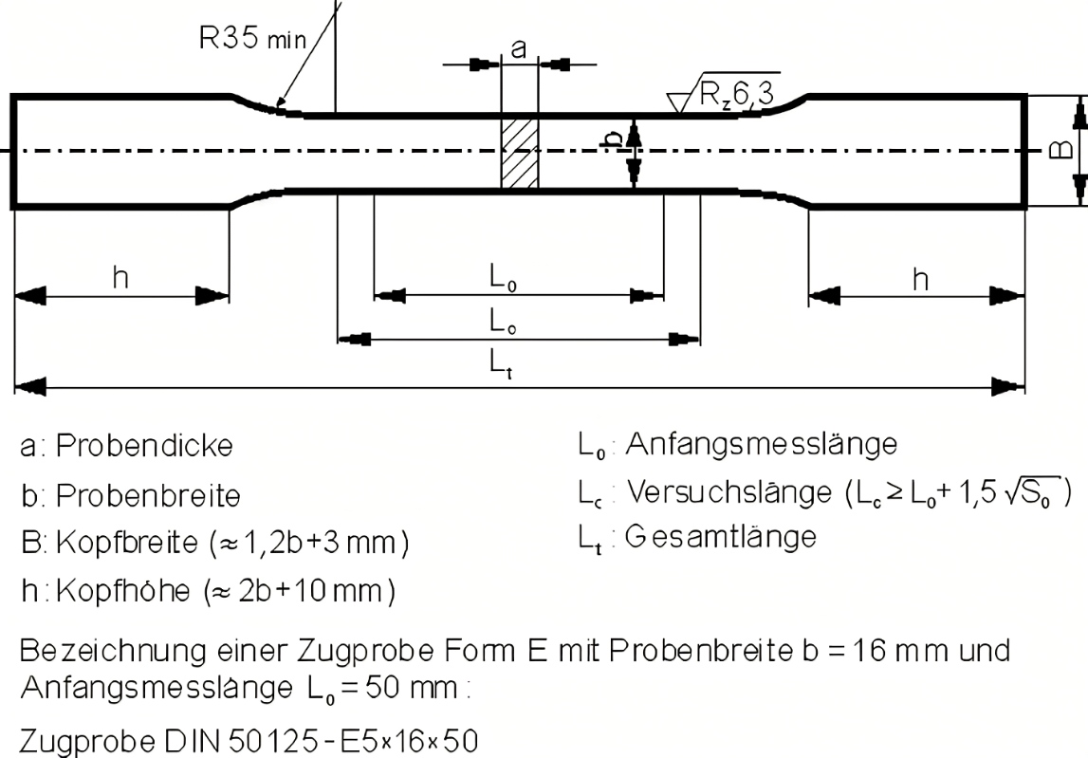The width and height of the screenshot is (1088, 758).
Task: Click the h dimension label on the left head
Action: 120,278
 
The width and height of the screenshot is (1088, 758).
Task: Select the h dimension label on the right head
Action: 919,278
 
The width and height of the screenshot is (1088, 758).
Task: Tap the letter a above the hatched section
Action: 518,50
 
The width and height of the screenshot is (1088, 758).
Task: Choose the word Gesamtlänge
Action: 721,537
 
